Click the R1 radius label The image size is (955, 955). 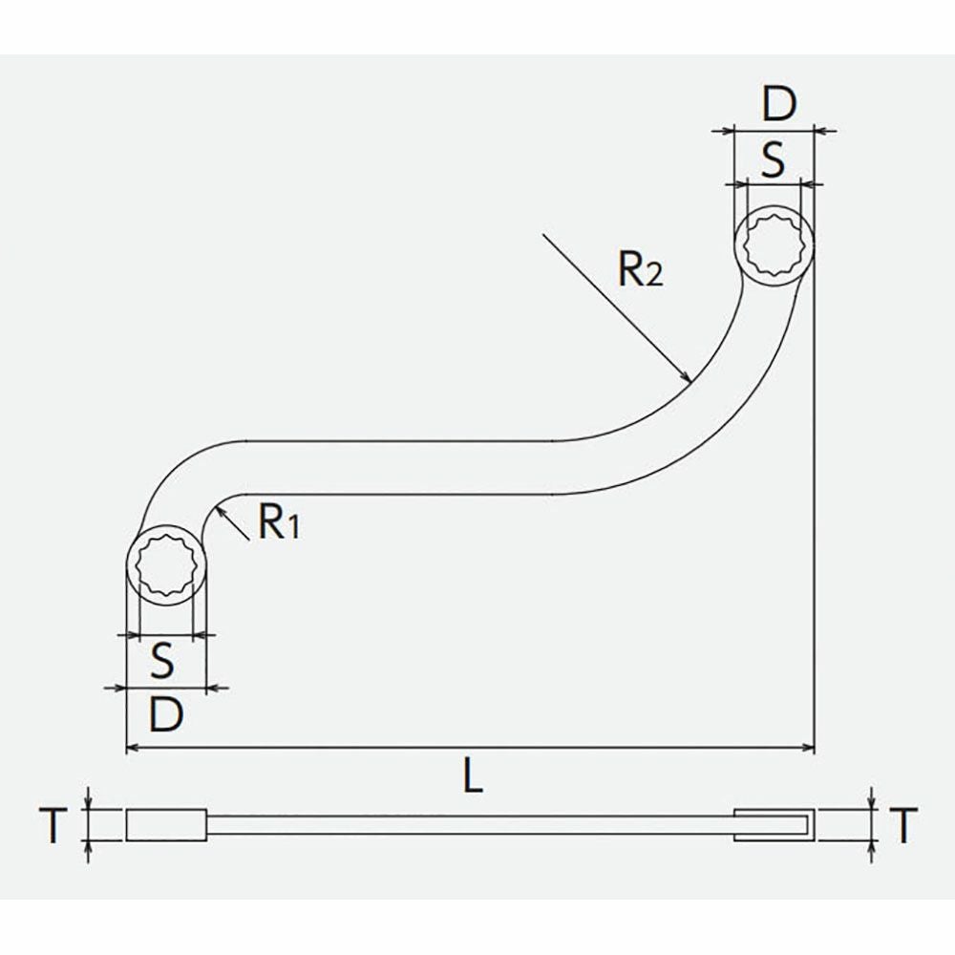click(x=278, y=522)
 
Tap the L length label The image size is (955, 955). click(x=471, y=778)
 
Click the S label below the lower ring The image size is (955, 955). click(x=163, y=659)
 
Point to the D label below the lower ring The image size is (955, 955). click(x=165, y=712)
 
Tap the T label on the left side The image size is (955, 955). click(x=56, y=825)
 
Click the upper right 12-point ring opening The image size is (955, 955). click(x=774, y=245)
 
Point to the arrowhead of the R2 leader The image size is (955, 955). click(x=686, y=377)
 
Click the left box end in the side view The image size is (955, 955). click(x=165, y=825)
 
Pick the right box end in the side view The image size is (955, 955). click(x=774, y=825)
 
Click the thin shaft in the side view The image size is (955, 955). click(x=468, y=825)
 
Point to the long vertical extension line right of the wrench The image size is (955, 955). click(x=814, y=525)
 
